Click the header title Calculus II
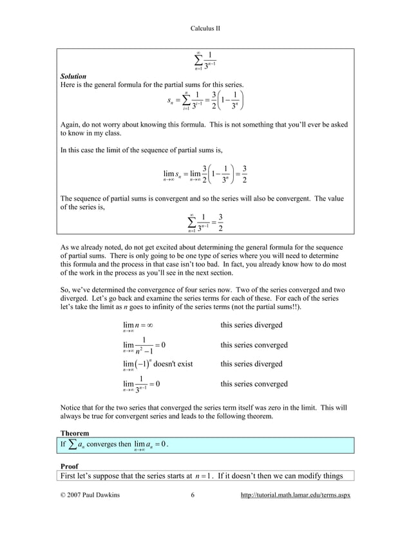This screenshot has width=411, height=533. (x=205, y=28)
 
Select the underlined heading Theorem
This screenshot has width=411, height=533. (x=74, y=432)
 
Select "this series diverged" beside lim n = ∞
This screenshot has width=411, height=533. (x=251, y=325)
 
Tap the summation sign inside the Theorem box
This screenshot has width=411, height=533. (x=75, y=445)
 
